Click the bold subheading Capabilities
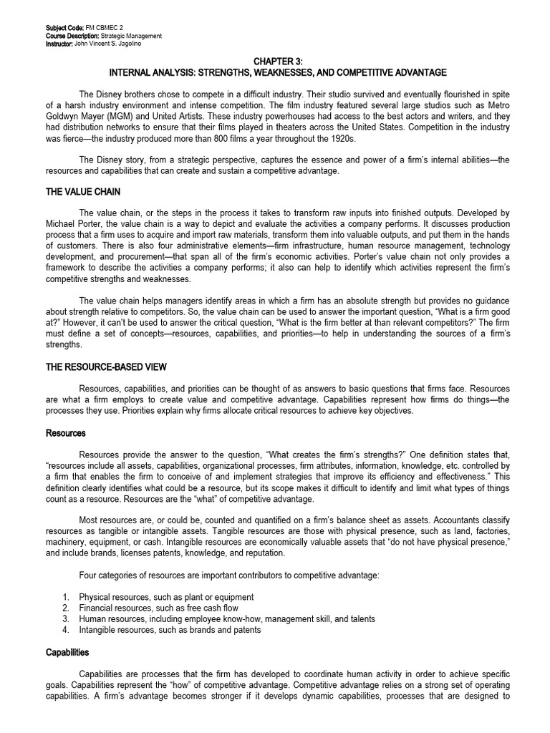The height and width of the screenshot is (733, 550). coord(68,652)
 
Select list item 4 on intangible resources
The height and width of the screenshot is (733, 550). coord(170,630)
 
